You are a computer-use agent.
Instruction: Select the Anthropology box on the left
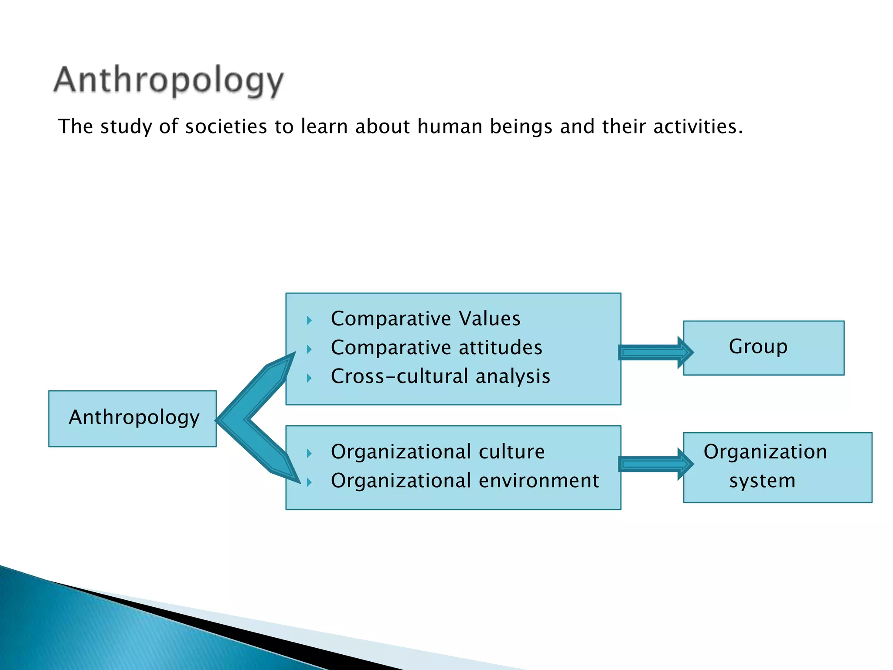133,418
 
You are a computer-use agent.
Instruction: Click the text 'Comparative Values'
426,318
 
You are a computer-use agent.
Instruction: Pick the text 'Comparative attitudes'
436,348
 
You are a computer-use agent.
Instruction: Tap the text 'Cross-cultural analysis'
440,376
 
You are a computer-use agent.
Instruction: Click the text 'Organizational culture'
438,452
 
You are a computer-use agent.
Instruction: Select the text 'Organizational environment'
465,481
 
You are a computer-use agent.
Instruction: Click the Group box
763,348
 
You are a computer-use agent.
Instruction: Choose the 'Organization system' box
777,467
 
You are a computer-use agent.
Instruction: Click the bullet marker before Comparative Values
309,321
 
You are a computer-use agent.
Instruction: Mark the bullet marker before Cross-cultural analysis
309,378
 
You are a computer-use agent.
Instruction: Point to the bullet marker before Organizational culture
309,454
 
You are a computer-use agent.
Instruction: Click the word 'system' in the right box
762,481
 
